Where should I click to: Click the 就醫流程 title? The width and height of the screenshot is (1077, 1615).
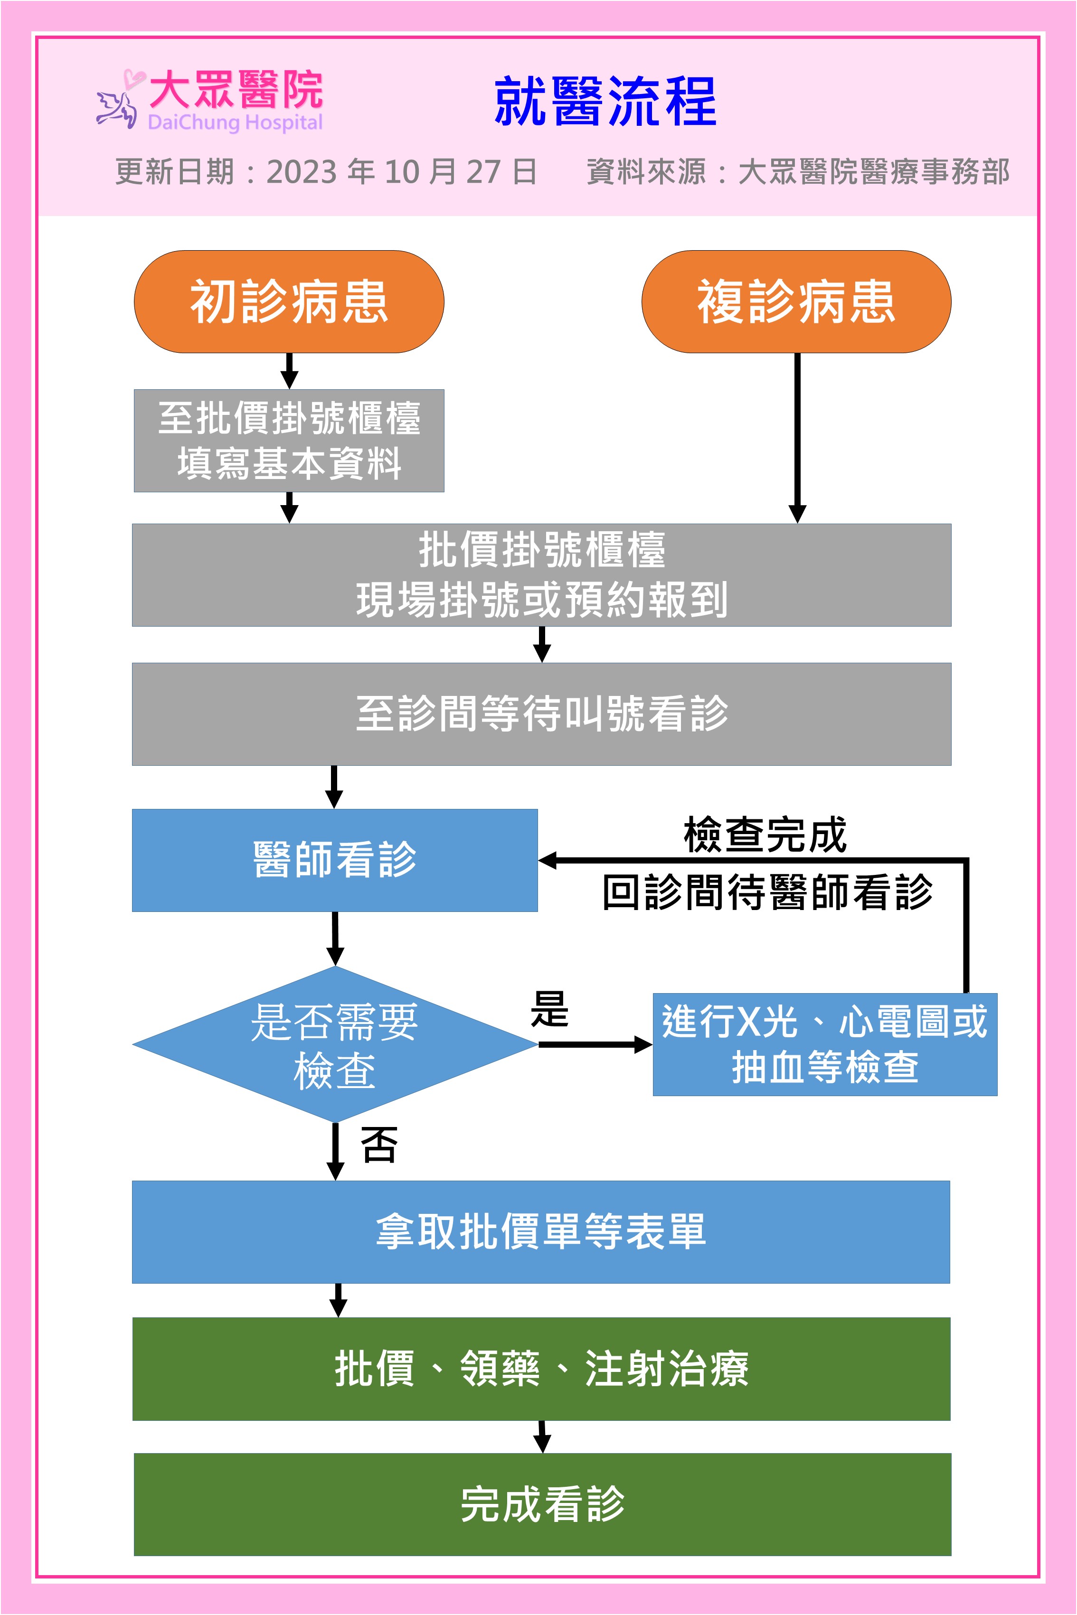point(605,102)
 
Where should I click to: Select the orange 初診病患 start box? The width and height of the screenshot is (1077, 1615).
point(289,301)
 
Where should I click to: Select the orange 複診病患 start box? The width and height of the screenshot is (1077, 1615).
point(796,301)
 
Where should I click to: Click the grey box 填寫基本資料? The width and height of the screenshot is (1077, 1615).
point(289,441)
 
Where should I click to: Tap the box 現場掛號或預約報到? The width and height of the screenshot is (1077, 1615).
point(541,575)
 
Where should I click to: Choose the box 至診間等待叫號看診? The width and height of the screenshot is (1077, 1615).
point(541,714)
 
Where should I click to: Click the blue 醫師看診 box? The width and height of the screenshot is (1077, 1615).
point(334,860)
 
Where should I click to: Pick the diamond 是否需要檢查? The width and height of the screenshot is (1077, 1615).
point(334,1044)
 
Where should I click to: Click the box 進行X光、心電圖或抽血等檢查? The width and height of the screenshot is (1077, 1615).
point(824,1044)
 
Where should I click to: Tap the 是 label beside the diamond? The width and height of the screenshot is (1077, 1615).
point(549,1009)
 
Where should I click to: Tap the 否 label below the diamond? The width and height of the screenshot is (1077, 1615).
point(378,1146)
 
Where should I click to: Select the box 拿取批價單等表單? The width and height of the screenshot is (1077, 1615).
point(541,1232)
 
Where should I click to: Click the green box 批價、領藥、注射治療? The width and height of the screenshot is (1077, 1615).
point(541,1369)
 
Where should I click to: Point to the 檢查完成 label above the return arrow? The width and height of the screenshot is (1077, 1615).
point(765,835)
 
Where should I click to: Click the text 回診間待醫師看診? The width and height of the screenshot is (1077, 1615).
point(767,892)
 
